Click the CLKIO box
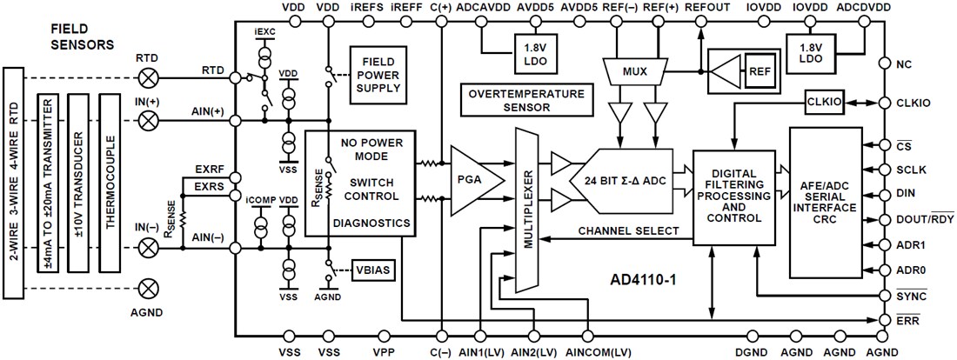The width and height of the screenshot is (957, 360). tap(823, 102)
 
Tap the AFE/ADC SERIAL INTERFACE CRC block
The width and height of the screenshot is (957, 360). tap(826, 201)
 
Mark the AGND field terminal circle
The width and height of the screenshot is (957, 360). tap(149, 286)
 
